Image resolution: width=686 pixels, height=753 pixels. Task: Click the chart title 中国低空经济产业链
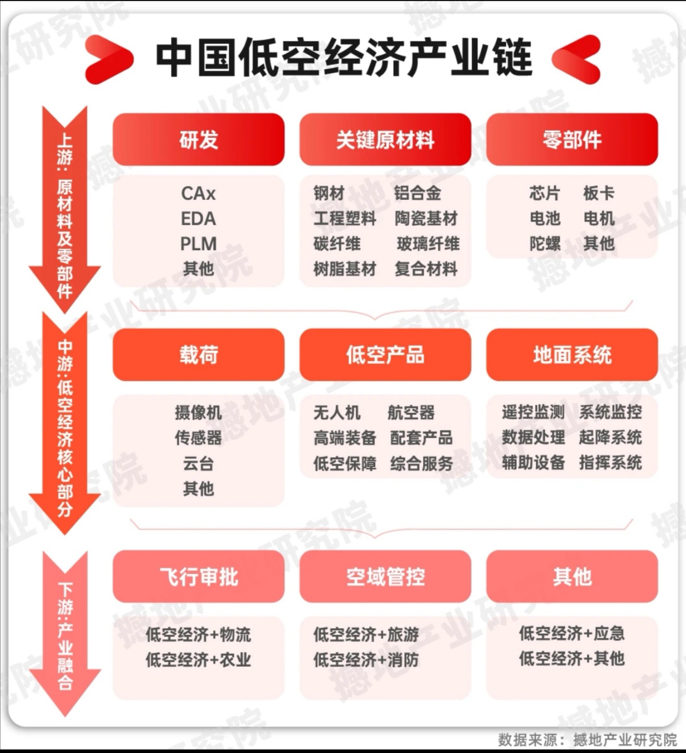pos(344,58)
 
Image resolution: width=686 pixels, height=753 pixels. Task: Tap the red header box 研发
pos(198,139)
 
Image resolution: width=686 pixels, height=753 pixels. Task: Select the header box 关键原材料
pos(385,139)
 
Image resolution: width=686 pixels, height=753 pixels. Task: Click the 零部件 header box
pos(572,139)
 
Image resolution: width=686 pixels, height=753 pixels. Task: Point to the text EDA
pos(198,219)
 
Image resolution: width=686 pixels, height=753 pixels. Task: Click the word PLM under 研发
pos(198,244)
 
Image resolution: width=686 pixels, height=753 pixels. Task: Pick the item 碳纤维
pos(337,244)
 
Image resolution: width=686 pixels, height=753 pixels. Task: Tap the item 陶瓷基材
pos(426,219)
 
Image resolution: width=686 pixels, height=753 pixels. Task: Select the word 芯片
pos(545,194)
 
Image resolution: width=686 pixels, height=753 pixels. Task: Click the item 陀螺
pos(545,244)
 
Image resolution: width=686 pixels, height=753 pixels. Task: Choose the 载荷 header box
pos(198,355)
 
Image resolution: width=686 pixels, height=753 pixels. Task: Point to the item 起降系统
pos(610,438)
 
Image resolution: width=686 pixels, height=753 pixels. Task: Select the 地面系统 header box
pos(572,355)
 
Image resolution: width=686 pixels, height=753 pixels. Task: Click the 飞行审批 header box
pos(198,576)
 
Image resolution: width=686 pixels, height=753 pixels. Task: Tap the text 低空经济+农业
pos(198,660)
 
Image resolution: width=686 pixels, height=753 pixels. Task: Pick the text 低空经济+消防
pos(366,660)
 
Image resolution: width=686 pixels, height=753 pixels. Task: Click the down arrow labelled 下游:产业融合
pos(65,634)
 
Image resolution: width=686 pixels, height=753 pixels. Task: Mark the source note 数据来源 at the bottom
pos(587,739)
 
